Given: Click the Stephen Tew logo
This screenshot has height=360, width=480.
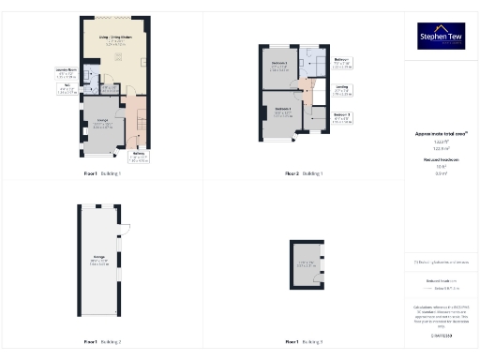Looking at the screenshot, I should click(441, 36).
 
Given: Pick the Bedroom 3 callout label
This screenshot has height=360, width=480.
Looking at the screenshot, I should click(342, 117).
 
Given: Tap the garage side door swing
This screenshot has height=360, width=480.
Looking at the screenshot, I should click(123, 229).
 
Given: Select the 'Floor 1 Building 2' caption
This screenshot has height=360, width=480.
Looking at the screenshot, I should click(102, 340).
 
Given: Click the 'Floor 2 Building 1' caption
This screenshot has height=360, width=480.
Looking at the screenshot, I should click(305, 174).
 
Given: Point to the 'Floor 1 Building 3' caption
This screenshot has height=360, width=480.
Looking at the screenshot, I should click(305, 340).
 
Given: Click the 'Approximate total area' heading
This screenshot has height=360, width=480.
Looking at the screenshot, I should click(441, 133).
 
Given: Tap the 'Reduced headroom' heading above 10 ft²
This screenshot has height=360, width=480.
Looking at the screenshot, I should click(441, 160).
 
